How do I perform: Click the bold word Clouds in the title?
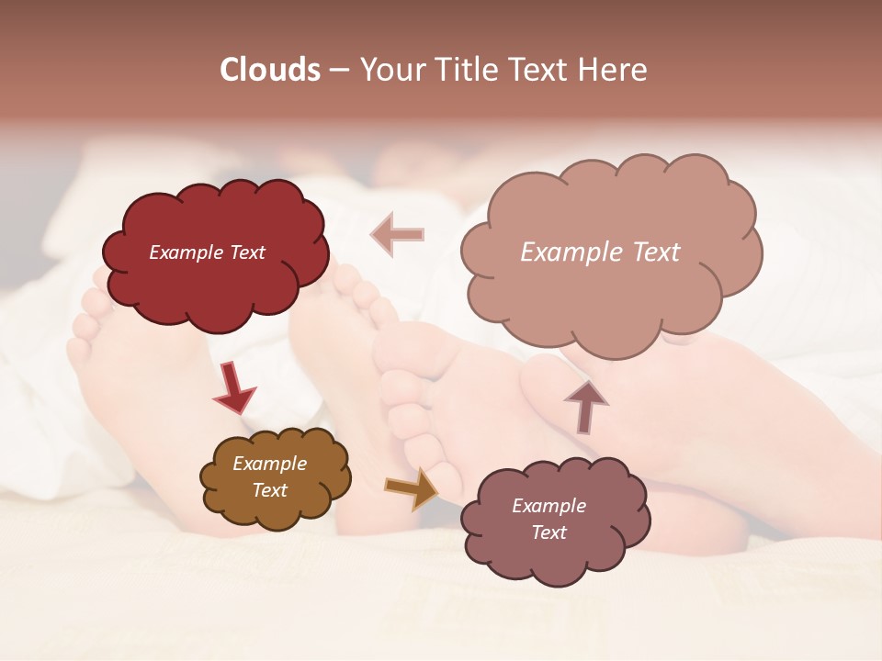[x=270, y=70]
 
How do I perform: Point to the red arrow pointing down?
[x=233, y=388]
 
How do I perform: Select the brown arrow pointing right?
[x=412, y=488]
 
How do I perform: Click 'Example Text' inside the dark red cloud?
[x=207, y=252]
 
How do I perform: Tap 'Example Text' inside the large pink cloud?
[x=600, y=252]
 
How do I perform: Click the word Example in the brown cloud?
[x=269, y=464]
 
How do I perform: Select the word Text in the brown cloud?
[x=269, y=490]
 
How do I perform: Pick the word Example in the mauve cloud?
[x=548, y=506]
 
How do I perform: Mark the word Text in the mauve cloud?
[x=548, y=532]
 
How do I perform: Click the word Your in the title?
[x=387, y=70]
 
